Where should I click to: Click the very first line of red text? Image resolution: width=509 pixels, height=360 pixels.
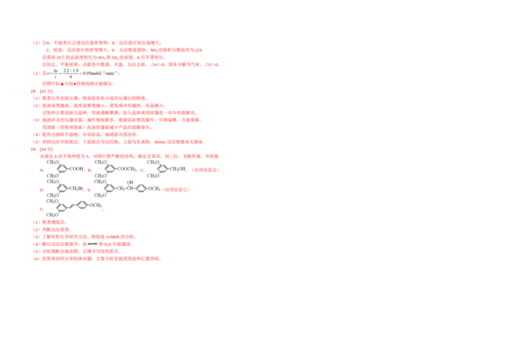95,43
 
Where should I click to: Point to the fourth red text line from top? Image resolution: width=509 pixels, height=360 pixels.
130,65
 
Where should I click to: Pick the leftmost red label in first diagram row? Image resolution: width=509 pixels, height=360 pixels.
41,170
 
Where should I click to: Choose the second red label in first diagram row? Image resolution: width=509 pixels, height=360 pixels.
90,170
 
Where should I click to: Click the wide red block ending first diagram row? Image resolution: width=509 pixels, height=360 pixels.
206,170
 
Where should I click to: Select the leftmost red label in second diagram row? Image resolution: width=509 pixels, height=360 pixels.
41,190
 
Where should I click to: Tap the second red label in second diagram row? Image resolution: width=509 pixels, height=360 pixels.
88,190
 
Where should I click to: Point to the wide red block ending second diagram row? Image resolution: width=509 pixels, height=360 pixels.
176,190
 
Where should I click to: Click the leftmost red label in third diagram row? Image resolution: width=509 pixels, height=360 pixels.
41,209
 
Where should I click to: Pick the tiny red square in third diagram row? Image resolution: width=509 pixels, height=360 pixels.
104,211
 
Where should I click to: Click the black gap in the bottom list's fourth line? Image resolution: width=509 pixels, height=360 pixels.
92,244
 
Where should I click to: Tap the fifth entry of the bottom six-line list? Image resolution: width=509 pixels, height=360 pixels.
76,251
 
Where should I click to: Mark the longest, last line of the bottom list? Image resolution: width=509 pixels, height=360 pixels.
96,259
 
